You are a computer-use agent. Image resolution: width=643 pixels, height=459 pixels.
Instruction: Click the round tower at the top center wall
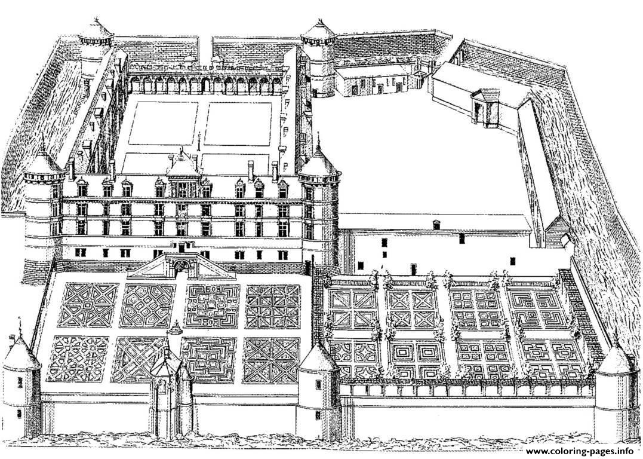pyautogui.click(x=319, y=57)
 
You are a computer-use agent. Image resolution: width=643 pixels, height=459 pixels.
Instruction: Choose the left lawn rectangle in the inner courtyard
pyautogui.click(x=163, y=123)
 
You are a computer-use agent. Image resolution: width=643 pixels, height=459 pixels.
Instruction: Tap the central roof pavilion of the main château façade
pyautogui.click(x=183, y=173)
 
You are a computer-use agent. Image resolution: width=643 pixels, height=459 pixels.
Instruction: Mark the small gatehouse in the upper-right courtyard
pyautogui.click(x=485, y=106)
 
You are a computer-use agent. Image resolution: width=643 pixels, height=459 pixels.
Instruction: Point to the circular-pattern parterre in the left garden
pyautogui.click(x=78, y=359)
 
